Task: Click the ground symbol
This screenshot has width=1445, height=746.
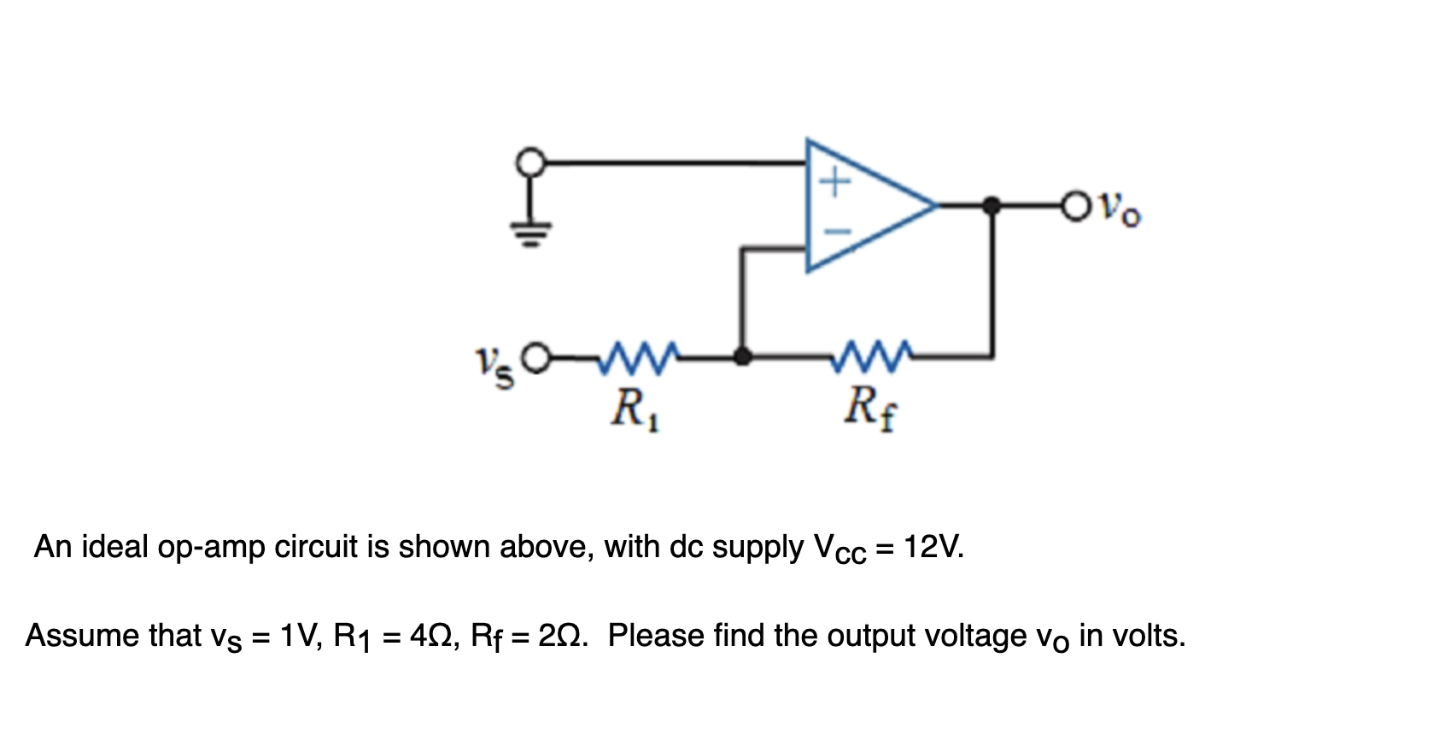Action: [531, 231]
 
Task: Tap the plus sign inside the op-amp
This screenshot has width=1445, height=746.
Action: [835, 181]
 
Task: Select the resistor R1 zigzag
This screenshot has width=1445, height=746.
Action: [639, 357]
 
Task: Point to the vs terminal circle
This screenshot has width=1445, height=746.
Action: [535, 358]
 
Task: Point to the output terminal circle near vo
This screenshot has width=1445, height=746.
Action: [1076, 206]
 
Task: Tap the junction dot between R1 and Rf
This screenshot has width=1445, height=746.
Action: [743, 357]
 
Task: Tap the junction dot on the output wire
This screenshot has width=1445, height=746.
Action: [992, 206]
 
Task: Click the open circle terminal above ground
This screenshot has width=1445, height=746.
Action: [531, 162]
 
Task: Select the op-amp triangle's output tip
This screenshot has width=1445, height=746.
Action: [934, 206]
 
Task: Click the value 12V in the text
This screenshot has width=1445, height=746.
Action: [933, 546]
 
